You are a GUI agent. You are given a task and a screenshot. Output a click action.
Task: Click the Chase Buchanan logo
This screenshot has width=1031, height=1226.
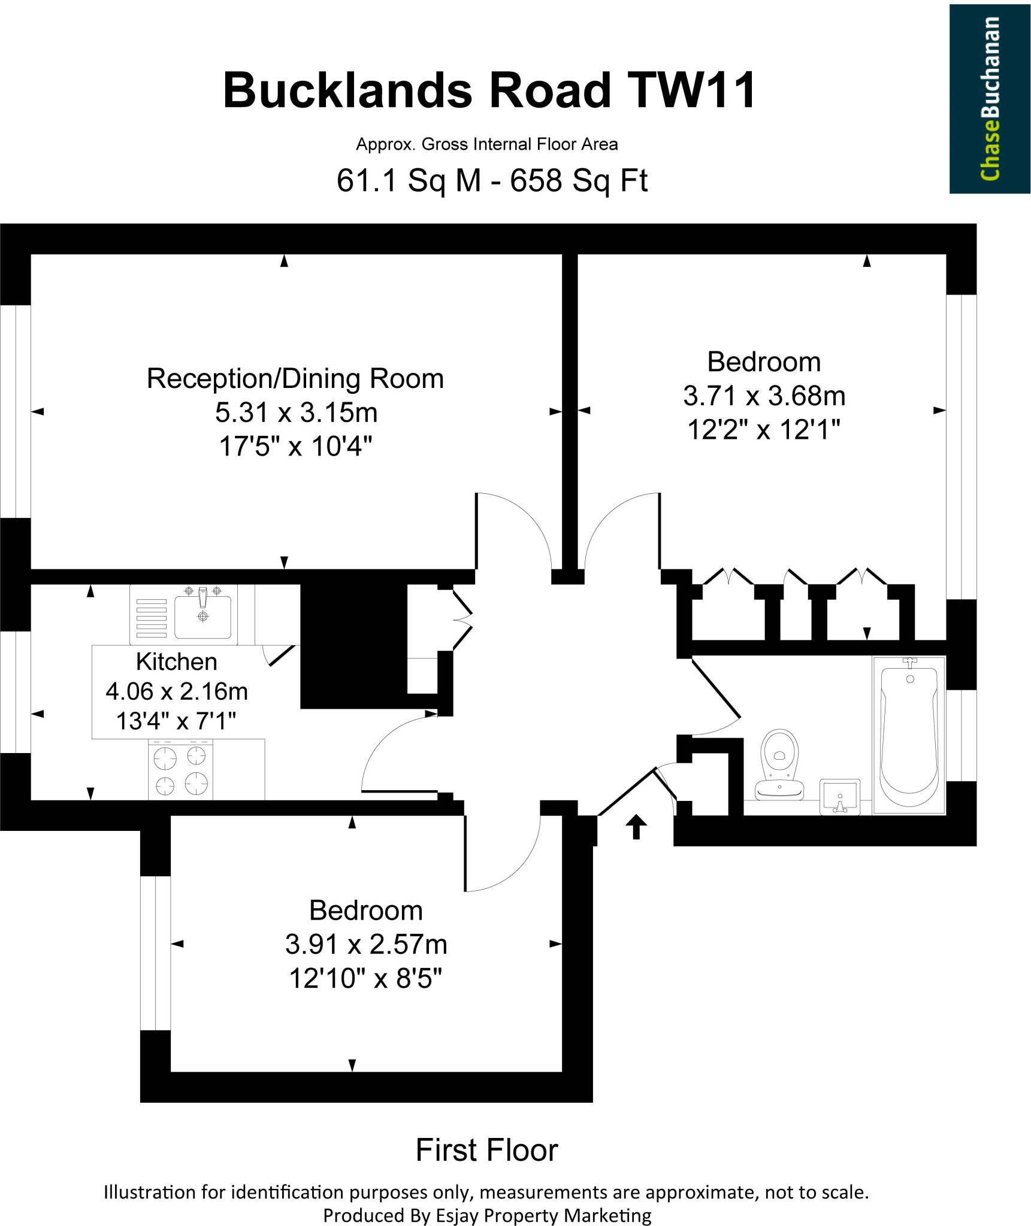[989, 99]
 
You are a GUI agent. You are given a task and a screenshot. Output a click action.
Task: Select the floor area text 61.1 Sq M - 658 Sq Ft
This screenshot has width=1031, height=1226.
[492, 180]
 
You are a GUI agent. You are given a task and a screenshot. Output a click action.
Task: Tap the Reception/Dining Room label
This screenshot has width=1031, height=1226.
[295, 379]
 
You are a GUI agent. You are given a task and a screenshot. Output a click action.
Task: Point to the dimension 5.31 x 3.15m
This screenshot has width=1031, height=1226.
[297, 412]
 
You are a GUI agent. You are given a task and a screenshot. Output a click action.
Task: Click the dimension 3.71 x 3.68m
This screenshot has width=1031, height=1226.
[764, 396]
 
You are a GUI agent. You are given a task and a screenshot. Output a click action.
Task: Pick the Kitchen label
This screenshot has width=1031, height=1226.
[176, 661]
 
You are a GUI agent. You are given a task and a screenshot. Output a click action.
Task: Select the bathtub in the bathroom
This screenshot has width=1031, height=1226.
[908, 734]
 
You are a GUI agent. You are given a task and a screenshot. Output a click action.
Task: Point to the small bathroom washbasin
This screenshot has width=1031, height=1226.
[839, 797]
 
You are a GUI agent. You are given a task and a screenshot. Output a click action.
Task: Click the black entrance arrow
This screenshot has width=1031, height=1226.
[636, 827]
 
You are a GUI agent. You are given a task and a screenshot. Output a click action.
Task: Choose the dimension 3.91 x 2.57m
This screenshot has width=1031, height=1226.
[366, 944]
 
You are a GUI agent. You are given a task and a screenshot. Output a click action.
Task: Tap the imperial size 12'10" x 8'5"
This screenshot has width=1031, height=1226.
[365, 978]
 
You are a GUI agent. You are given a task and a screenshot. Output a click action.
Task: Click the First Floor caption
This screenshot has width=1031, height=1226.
[486, 1150]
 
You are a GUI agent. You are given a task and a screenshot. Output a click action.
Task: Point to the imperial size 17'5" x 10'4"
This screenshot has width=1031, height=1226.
[296, 446]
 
